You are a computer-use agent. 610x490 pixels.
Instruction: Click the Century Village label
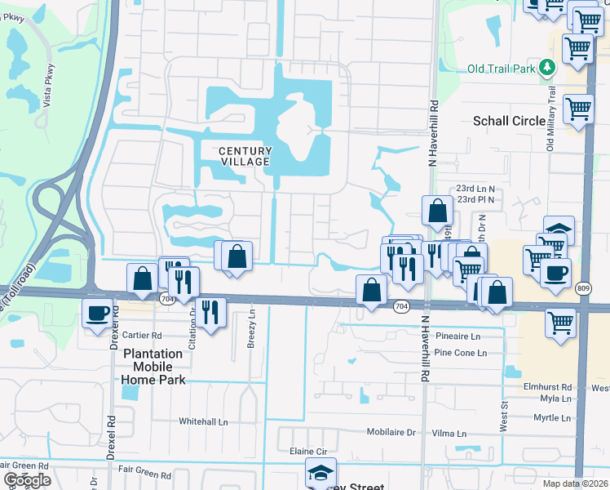[x=245, y=156]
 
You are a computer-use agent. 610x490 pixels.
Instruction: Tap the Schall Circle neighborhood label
[x=510, y=121]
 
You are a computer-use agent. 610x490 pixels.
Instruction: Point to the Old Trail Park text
[x=502, y=68]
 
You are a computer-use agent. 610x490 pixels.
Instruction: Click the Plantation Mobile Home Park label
[x=153, y=367]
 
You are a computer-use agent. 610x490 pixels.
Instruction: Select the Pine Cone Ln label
[x=460, y=353]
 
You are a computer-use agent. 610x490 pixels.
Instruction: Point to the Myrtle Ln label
[x=551, y=418]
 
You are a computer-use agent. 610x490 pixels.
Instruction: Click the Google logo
[x=27, y=480]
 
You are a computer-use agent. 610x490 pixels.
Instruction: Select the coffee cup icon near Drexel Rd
[x=97, y=312]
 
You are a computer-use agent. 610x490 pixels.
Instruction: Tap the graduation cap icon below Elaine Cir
[x=320, y=472]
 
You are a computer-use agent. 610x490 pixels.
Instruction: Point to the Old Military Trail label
[x=550, y=119]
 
